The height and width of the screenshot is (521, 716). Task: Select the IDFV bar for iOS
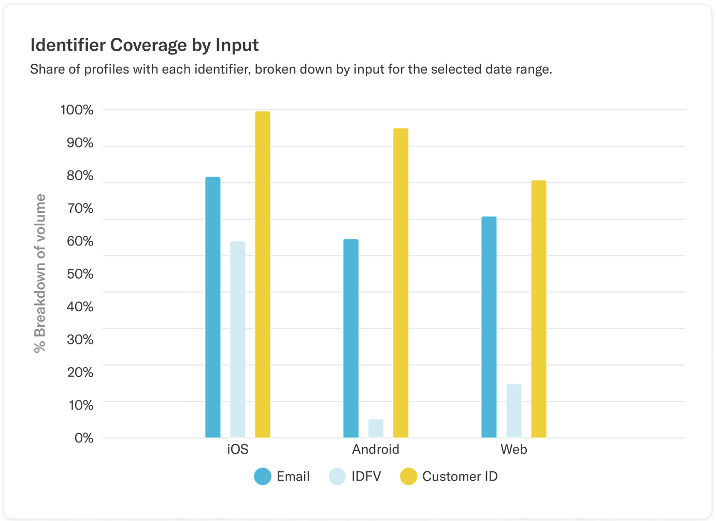238,339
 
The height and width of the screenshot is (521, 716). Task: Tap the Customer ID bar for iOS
263,274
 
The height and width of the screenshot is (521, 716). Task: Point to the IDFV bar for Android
376,428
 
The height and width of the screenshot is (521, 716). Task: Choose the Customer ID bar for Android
400,283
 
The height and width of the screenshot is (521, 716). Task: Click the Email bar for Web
489,327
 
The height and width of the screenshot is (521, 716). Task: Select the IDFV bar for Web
514,411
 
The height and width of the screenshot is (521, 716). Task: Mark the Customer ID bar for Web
539,309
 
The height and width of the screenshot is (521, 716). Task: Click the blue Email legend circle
263,476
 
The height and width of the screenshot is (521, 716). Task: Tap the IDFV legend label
366,476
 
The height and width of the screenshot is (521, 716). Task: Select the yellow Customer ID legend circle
409,476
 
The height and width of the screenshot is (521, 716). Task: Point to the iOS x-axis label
238,449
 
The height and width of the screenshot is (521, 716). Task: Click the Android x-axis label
376,449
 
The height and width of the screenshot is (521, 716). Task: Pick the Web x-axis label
513,449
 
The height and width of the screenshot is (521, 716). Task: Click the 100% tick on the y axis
77,110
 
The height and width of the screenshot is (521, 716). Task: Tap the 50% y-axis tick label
80,274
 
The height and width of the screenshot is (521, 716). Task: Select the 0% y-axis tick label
84,438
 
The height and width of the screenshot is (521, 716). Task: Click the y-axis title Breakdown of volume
40,273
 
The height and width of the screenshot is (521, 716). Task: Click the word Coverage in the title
148,45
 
